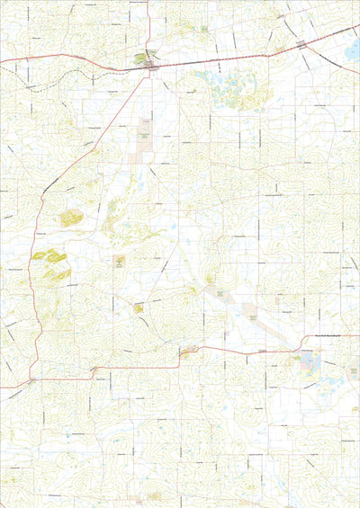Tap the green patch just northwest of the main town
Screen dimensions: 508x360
click(x=141, y=58)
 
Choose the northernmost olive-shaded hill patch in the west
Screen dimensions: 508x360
click(x=70, y=217)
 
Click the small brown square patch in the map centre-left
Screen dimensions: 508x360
click(x=119, y=262)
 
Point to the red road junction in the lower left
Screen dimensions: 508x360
click(x=31, y=380)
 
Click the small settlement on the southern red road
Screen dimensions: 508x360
click(x=189, y=351)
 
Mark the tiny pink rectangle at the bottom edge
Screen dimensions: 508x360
click(x=135, y=495)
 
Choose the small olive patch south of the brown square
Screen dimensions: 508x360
click(x=139, y=308)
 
